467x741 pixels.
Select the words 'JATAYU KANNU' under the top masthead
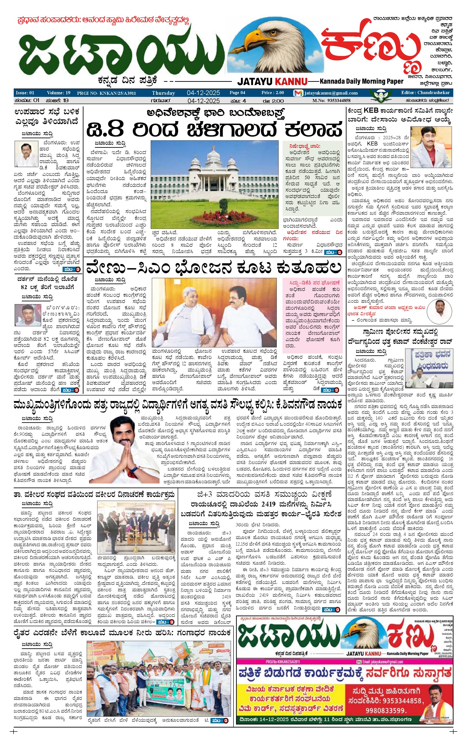pyautogui.click(x=272, y=82)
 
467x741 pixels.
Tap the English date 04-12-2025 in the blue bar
pyautogui.click(x=203, y=93)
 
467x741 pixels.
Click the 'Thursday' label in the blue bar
pyautogui.click(x=163, y=93)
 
